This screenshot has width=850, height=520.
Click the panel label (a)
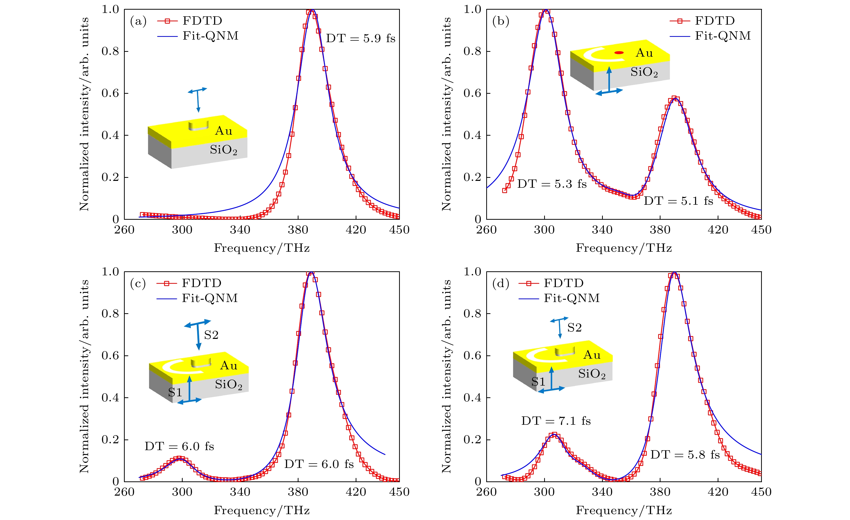tap(138, 21)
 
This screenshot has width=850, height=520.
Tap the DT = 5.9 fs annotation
tap(360, 38)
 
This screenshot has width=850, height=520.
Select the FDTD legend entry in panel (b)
tap(702, 21)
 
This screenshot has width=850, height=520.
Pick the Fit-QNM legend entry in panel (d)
tap(559, 298)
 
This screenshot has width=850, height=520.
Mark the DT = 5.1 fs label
tap(678, 201)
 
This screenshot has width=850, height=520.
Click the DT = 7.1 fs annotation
tap(556, 421)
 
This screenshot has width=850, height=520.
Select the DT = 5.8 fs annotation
tap(685, 455)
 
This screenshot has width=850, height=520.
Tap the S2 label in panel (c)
tap(211, 335)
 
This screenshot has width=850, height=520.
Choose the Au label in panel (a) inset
tap(224, 131)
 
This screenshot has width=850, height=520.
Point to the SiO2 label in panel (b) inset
tap(644, 72)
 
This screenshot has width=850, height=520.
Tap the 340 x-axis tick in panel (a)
tap(240, 230)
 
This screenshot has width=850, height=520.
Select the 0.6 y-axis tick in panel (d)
tap(472, 356)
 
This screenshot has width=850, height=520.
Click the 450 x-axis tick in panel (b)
tap(761, 230)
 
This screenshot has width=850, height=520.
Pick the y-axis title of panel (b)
tap(446, 114)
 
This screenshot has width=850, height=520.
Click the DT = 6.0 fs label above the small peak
tap(179, 447)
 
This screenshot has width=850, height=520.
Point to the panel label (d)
tap(500, 284)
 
